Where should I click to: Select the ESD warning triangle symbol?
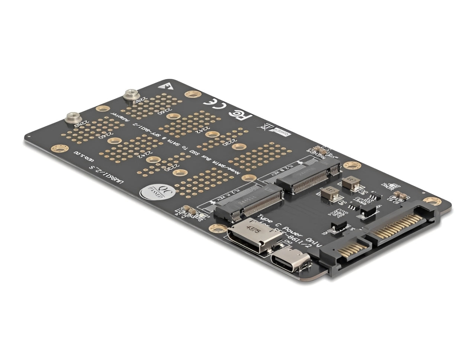coord(162,85)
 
